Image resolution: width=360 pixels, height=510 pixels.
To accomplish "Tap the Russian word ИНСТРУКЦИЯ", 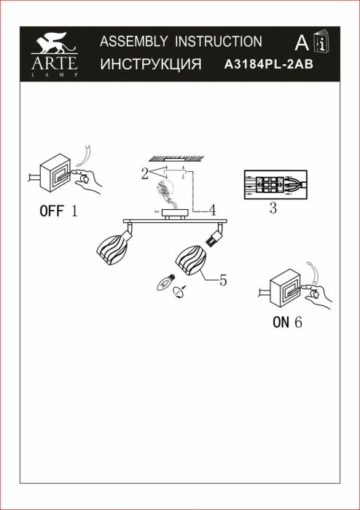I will [150, 64].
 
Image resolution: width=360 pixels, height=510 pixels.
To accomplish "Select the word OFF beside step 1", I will [51, 212].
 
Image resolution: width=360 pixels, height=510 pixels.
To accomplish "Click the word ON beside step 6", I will [281, 322].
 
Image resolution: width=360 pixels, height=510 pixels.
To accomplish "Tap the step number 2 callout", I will [144, 173].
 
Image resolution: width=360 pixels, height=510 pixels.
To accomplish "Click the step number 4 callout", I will [211, 211].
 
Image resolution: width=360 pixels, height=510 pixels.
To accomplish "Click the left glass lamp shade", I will [113, 247].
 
